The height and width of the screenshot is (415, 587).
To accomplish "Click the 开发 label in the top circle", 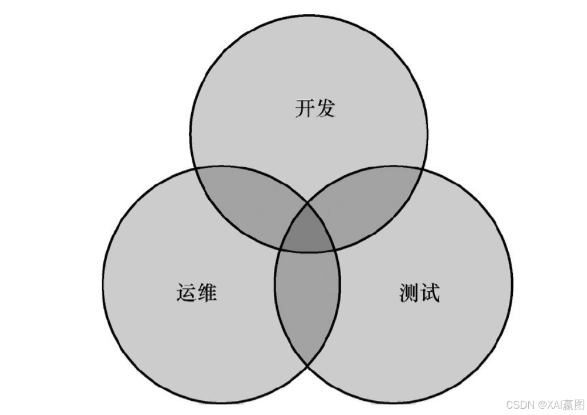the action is [314, 107].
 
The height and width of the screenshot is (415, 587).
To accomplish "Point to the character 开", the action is [305, 107].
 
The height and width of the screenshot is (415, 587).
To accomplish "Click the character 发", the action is [325, 107].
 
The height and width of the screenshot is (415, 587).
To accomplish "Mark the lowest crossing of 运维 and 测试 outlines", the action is [308, 365].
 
